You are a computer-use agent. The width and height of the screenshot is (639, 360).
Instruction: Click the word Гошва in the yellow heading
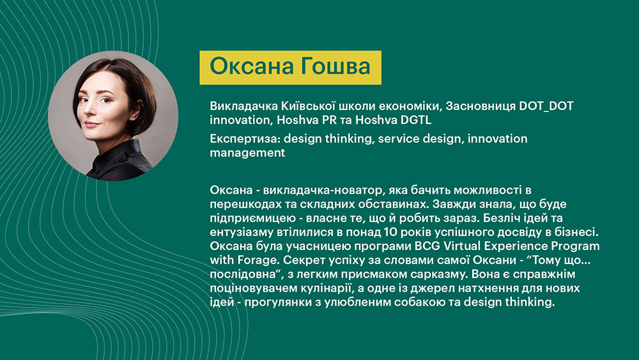(337, 67)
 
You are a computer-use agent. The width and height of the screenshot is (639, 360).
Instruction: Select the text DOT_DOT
(546, 106)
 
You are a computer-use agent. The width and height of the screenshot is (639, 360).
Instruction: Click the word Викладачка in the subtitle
(243, 106)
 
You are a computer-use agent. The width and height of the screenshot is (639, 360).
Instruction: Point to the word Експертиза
(245, 139)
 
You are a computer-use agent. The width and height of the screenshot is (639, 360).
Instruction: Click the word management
(247, 153)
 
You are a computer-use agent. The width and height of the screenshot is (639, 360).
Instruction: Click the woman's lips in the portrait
(92, 123)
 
